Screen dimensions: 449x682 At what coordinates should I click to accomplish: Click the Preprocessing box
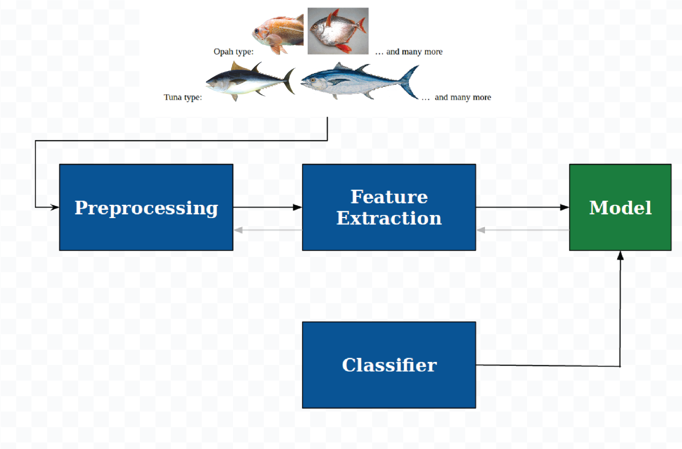coord(146,207)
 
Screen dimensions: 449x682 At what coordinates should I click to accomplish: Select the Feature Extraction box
coord(389,207)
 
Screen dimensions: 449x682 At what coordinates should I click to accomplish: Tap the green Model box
coord(620,207)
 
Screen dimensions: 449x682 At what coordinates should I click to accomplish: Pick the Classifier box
coord(389,365)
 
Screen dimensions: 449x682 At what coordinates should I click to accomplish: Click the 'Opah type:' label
coord(233,51)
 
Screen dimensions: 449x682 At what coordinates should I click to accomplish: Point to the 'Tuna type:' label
coord(183,97)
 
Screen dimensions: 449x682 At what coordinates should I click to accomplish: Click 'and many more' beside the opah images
coord(414,51)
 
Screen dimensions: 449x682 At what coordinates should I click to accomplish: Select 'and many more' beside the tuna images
coord(463,97)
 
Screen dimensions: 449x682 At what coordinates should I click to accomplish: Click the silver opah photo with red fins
coord(338,31)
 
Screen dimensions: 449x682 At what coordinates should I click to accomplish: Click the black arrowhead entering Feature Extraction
coord(297,207)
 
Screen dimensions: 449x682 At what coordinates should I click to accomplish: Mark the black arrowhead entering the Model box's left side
coord(565,207)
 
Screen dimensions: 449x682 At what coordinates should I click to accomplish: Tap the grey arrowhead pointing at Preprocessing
coord(238,230)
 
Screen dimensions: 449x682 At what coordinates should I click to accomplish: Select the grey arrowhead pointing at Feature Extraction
coord(481,230)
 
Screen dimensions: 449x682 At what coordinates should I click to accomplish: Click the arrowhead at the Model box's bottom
coord(620,256)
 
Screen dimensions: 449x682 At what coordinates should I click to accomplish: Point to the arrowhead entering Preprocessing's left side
coord(55,207)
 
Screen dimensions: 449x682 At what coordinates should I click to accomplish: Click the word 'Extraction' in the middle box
coord(389,218)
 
